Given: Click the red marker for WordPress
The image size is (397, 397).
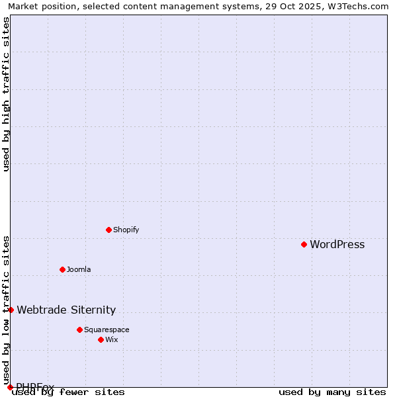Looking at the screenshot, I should coord(304,244).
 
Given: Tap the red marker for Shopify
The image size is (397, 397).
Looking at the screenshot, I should coord(109,230).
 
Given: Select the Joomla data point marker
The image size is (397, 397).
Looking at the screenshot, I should coord(62,269).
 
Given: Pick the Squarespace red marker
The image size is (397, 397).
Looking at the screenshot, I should coord(79,330).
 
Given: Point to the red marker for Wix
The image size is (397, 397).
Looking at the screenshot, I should coord(101,339).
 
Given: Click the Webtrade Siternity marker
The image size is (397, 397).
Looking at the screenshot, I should coord(11,310).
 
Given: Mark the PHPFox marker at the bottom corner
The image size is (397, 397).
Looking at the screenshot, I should coord(10,387).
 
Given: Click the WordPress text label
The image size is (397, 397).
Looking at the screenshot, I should coord(337,245).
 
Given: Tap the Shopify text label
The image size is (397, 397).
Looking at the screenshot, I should coord(126,230).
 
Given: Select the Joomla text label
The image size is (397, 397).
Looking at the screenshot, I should coord(79,270).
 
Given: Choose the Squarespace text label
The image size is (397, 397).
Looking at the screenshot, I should coord(107,330).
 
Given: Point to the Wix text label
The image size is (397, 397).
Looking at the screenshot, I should coord(111,340).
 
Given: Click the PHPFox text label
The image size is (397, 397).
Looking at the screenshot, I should coord(35,387).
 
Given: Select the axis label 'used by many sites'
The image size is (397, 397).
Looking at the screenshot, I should coord(331,392).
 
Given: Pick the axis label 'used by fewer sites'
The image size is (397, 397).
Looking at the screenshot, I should coord(69,392).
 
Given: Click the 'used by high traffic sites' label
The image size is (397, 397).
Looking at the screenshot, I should coord(7,95).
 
